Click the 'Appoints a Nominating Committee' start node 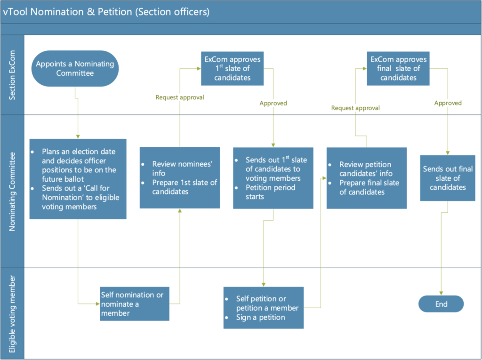pos(75,68)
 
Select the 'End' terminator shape pos(441,304)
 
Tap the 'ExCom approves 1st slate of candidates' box pos(232,68)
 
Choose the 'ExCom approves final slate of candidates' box pos(398,68)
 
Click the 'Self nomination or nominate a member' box pos(134,304)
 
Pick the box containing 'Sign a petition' pos(263,308)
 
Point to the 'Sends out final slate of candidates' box pos(448,178)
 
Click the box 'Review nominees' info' pos(179,178)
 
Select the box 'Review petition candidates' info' pos(367,178)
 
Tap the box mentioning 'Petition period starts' pos(273,178)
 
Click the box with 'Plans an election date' pos(78,178)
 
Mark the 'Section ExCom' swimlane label pos(12,75)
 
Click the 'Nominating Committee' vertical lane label pos(12,191)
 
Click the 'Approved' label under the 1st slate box pos(273,103)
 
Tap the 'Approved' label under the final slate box pos(448,103)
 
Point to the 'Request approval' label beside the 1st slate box pos(179,98)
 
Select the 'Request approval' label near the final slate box pos(355,108)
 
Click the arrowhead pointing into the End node pos(441,293)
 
